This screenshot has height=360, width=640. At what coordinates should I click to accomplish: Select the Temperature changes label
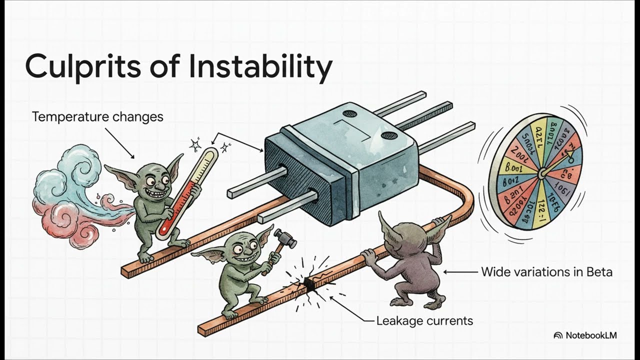click(97, 117)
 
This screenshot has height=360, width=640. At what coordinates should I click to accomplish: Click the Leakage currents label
click(424, 320)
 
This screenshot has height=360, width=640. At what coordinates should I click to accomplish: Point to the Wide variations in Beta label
click(546, 272)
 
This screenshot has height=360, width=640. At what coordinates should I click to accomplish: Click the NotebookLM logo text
click(590, 335)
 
